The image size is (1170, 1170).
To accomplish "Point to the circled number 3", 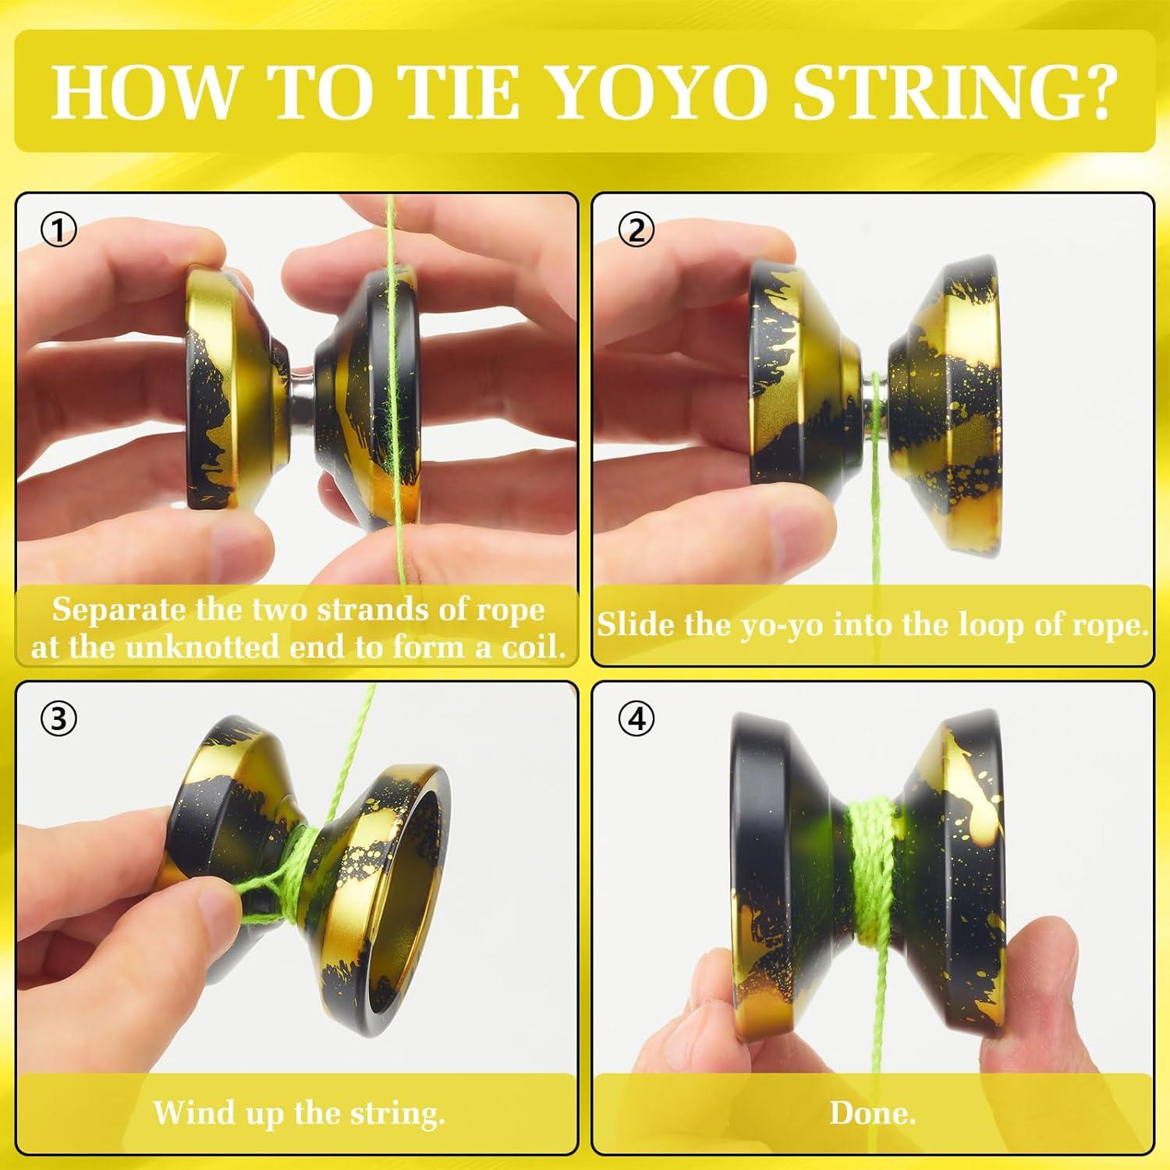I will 59,719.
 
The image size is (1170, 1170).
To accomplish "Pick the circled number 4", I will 636,719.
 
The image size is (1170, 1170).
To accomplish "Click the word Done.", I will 872,1112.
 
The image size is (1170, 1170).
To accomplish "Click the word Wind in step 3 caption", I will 185,1112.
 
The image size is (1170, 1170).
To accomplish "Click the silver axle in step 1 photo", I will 299,374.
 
